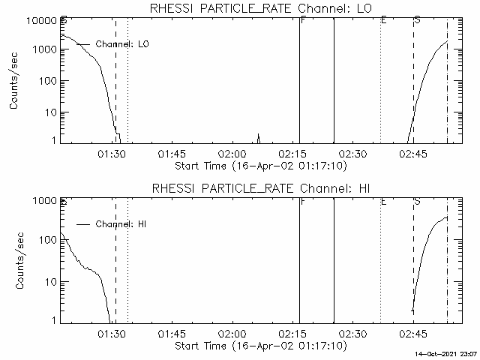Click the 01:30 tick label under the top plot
click(x=111, y=154)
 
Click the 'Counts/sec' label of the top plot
click(x=14, y=81)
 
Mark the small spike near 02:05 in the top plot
click(x=259, y=136)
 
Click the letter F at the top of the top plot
click(x=302, y=19)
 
